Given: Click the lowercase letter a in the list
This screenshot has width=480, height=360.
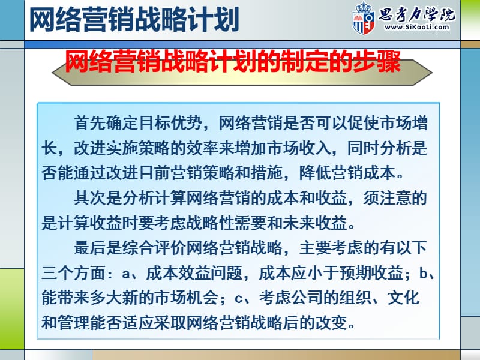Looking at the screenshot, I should [125, 274].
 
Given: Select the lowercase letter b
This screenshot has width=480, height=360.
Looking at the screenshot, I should [425, 274].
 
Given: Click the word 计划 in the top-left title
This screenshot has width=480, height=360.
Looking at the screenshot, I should [214, 20].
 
